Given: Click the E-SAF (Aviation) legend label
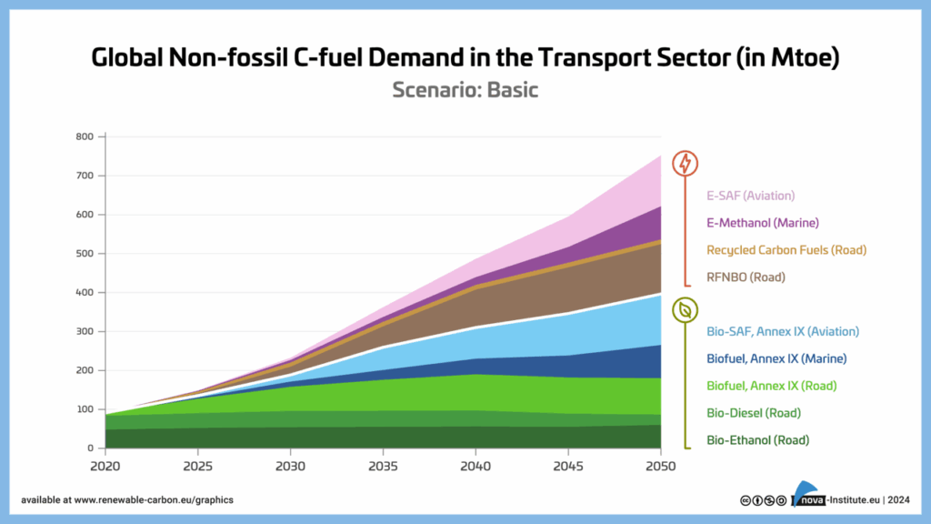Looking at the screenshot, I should (x=750, y=196).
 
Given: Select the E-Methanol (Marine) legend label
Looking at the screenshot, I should (x=763, y=223).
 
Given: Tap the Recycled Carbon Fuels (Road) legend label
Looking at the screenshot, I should (x=786, y=250).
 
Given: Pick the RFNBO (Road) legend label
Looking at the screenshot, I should (x=745, y=277).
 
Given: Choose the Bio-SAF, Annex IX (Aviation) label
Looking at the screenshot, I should (x=782, y=332).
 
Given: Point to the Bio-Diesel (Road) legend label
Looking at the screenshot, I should (x=753, y=413).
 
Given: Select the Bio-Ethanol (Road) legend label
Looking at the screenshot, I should (x=756, y=440).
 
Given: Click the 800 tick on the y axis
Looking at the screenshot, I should (x=85, y=137).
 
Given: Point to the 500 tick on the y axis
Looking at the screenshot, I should (x=85, y=254).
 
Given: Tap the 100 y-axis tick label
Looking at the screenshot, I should (x=85, y=409).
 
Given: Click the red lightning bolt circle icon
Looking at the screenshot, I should (x=685, y=164).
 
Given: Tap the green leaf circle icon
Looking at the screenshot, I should (x=685, y=309).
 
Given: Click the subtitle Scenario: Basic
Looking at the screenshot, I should (x=465, y=91).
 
